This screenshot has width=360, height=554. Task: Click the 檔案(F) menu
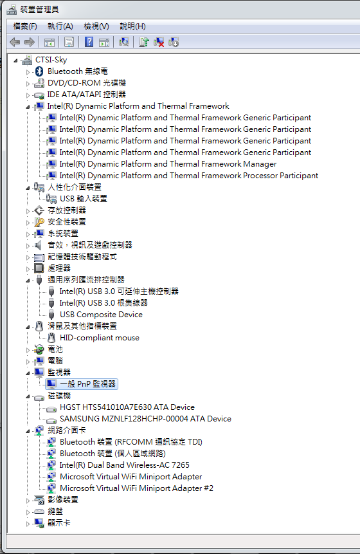[24, 26]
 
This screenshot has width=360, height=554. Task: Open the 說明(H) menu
[132, 26]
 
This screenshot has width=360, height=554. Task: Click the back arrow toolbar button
[15, 42]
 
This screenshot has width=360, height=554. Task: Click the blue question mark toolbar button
[89, 42]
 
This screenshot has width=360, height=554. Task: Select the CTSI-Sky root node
[51, 60]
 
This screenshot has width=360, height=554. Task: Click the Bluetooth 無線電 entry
[78, 71]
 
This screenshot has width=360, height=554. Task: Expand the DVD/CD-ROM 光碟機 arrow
[28, 84]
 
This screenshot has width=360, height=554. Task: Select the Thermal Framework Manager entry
[168, 164]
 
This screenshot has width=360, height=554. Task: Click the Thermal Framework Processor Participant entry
[189, 176]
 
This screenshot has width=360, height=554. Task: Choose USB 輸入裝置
[84, 199]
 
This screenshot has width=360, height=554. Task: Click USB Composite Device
[101, 315]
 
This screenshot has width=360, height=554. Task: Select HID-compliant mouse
[100, 338]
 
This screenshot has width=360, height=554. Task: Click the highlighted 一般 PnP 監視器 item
[88, 384]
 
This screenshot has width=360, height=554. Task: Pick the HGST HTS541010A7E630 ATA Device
[127, 407]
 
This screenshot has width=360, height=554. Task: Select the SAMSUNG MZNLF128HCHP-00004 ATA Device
[145, 419]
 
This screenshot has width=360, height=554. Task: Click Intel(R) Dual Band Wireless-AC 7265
[124, 465]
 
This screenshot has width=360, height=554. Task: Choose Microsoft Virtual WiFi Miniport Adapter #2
[136, 488]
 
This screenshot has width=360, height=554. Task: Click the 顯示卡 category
[59, 523]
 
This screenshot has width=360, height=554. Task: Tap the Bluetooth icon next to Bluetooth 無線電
[39, 71]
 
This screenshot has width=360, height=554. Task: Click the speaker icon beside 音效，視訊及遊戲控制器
[38, 245]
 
